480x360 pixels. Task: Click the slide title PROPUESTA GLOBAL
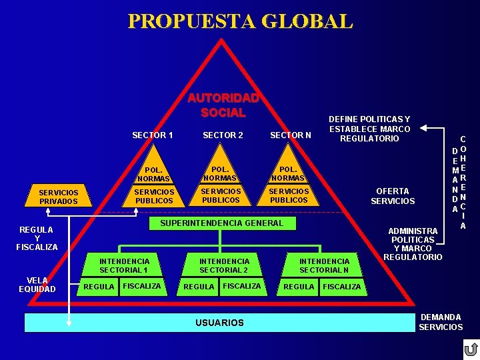240,21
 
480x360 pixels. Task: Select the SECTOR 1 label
153,135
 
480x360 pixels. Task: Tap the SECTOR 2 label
223,135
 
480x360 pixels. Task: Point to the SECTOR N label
290,136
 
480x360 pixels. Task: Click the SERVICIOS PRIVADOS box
59,197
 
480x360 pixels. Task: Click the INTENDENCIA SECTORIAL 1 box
124,265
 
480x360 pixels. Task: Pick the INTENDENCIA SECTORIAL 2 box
224,265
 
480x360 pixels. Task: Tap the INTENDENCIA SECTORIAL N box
324,265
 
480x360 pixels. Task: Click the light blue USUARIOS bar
219,323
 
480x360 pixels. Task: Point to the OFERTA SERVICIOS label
393,197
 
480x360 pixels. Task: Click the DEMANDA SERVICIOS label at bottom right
441,322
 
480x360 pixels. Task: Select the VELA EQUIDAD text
37,285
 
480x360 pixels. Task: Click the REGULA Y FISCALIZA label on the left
37,238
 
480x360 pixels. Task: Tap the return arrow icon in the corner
471,349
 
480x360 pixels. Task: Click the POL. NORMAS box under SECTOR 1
153,175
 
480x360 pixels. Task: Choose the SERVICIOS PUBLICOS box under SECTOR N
289,196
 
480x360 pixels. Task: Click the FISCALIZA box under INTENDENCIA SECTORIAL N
342,287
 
